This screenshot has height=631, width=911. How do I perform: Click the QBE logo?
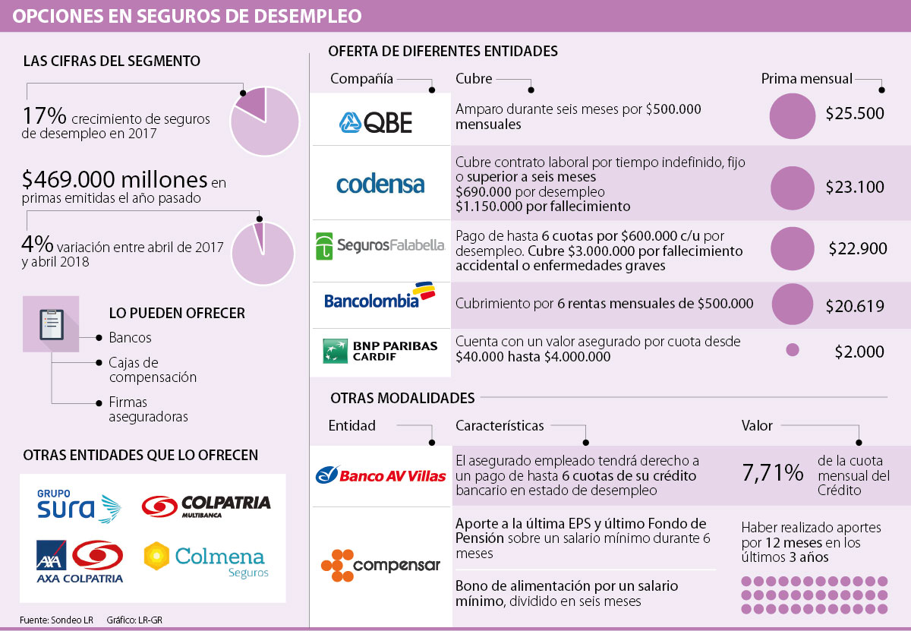376,121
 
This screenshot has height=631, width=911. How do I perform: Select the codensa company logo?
380,184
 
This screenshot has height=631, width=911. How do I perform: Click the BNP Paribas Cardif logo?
380,350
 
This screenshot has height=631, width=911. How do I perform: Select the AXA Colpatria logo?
79,561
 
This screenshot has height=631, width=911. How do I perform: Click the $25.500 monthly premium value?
855,114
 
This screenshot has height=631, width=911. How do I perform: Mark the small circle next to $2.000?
793,350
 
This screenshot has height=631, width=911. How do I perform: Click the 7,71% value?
772,473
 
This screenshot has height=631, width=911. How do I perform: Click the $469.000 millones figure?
115,180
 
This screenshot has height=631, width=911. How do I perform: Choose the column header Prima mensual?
806,78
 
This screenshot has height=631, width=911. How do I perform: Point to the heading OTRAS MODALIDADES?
402,398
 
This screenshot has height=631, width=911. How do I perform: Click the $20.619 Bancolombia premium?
855,307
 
